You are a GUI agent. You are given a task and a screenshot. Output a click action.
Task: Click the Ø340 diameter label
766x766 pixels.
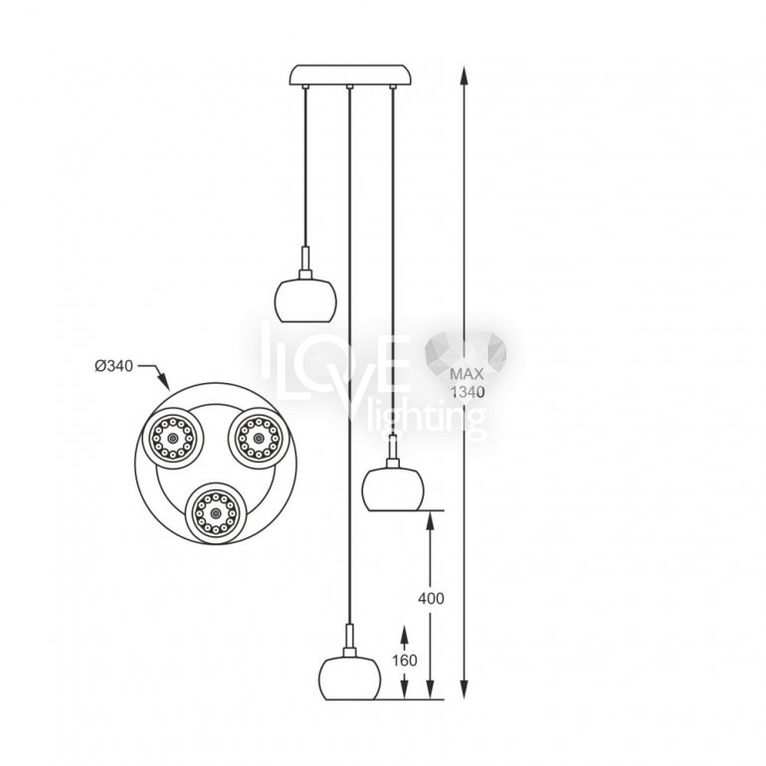pyautogui.click(x=113, y=365)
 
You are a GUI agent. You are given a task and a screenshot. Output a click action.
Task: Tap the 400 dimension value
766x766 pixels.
pyautogui.click(x=431, y=599)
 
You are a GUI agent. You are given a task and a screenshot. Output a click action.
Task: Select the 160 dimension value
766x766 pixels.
pyautogui.click(x=405, y=661)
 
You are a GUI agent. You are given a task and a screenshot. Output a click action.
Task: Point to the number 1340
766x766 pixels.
pyautogui.click(x=468, y=392)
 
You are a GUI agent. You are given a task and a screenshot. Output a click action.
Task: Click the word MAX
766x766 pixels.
pyautogui.click(x=467, y=374)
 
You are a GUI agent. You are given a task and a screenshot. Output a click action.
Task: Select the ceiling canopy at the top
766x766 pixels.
pyautogui.click(x=350, y=75)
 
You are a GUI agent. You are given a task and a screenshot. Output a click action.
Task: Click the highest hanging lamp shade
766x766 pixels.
pyautogui.click(x=305, y=300)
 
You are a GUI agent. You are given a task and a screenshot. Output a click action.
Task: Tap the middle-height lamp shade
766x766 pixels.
pyautogui.click(x=393, y=489)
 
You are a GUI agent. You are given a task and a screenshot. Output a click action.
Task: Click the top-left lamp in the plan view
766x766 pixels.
pyautogui.click(x=172, y=438)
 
